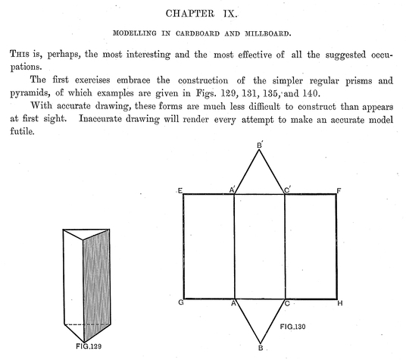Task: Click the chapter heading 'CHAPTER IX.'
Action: click(x=201, y=14)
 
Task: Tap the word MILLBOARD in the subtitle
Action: click(x=268, y=33)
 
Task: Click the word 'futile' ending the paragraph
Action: click(x=22, y=131)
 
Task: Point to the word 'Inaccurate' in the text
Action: click(x=100, y=119)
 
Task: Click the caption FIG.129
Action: click(x=89, y=346)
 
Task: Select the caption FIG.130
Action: click(x=292, y=327)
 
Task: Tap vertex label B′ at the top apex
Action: click(x=260, y=145)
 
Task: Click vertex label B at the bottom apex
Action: click(x=261, y=348)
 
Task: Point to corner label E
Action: click(x=180, y=191)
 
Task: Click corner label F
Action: click(x=339, y=191)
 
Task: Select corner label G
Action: click(x=181, y=302)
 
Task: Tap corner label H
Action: click(x=340, y=303)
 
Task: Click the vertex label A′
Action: click(x=233, y=189)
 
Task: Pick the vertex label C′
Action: click(x=287, y=190)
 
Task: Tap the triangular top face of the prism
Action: click(x=86, y=233)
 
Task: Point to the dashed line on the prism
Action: click(x=87, y=324)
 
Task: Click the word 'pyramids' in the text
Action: click(x=30, y=93)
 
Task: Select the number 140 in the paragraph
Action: click(x=311, y=93)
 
